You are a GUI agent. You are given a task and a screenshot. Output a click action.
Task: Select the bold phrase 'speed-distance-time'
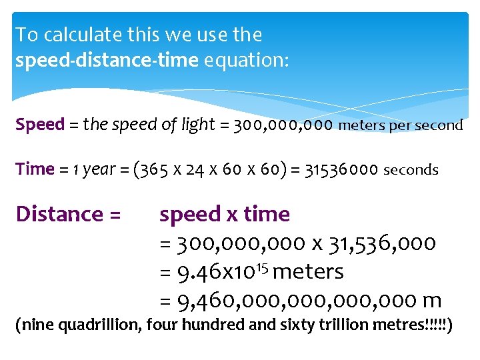(x=107, y=61)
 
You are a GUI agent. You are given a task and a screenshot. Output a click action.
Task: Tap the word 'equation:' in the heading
(x=247, y=61)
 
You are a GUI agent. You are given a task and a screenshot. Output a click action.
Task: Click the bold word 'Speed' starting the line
(x=40, y=125)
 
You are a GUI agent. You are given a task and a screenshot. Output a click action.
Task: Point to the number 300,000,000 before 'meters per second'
(x=283, y=125)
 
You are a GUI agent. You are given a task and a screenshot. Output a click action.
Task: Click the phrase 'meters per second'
(x=401, y=125)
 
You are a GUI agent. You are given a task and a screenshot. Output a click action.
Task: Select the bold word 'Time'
(x=35, y=169)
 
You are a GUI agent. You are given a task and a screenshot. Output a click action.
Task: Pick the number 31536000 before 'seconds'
(x=341, y=169)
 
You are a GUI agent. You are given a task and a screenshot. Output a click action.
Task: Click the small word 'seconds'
(x=411, y=170)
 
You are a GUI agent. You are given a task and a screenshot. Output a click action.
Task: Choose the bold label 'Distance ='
(x=68, y=215)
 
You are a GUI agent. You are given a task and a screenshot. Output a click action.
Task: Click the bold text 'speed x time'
(x=225, y=215)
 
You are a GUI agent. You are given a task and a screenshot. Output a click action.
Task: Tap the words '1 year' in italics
(x=95, y=169)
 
